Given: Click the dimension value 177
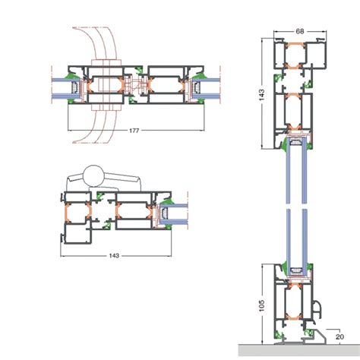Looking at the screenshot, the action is click(x=134, y=131).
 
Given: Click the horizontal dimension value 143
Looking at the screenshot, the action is click(x=114, y=256).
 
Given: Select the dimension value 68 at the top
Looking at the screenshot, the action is click(x=300, y=31).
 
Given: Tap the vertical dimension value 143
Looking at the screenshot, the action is click(x=261, y=95).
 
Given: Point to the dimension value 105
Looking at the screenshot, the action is click(x=261, y=305).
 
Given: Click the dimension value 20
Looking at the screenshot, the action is click(x=340, y=337).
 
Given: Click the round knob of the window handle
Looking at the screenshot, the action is click(x=93, y=175).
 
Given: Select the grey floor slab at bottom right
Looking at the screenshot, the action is click(x=299, y=352).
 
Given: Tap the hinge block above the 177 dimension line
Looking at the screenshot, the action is click(x=107, y=85).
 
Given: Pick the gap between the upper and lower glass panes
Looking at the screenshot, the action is click(x=296, y=206).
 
